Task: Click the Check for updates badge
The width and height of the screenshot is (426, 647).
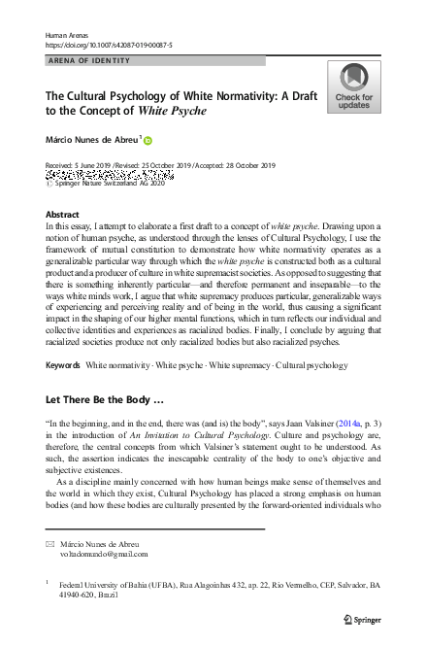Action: (354, 86)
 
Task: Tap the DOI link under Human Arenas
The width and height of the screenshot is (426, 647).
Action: (108, 45)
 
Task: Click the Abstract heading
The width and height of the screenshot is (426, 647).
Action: (63, 214)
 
